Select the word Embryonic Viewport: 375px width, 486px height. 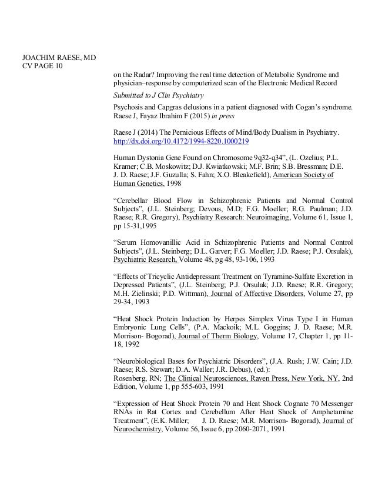click(x=133, y=327)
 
